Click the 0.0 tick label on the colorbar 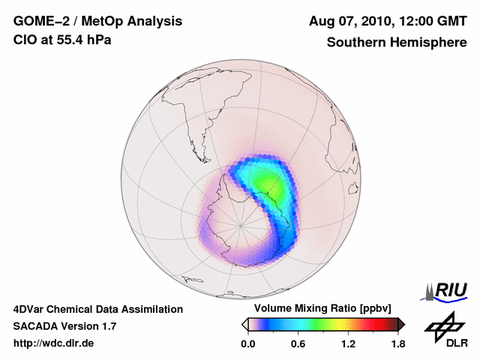(x=247, y=343)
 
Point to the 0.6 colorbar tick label (x=298, y=343)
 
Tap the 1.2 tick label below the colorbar (x=348, y=343)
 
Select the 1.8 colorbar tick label (x=397, y=343)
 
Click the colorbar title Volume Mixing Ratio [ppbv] (x=319, y=308)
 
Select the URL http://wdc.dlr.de (x=54, y=343)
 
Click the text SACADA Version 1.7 (x=64, y=326)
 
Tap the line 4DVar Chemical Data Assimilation (x=97, y=309)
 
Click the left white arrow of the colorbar (x=244, y=324)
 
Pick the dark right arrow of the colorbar (x=401, y=324)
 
